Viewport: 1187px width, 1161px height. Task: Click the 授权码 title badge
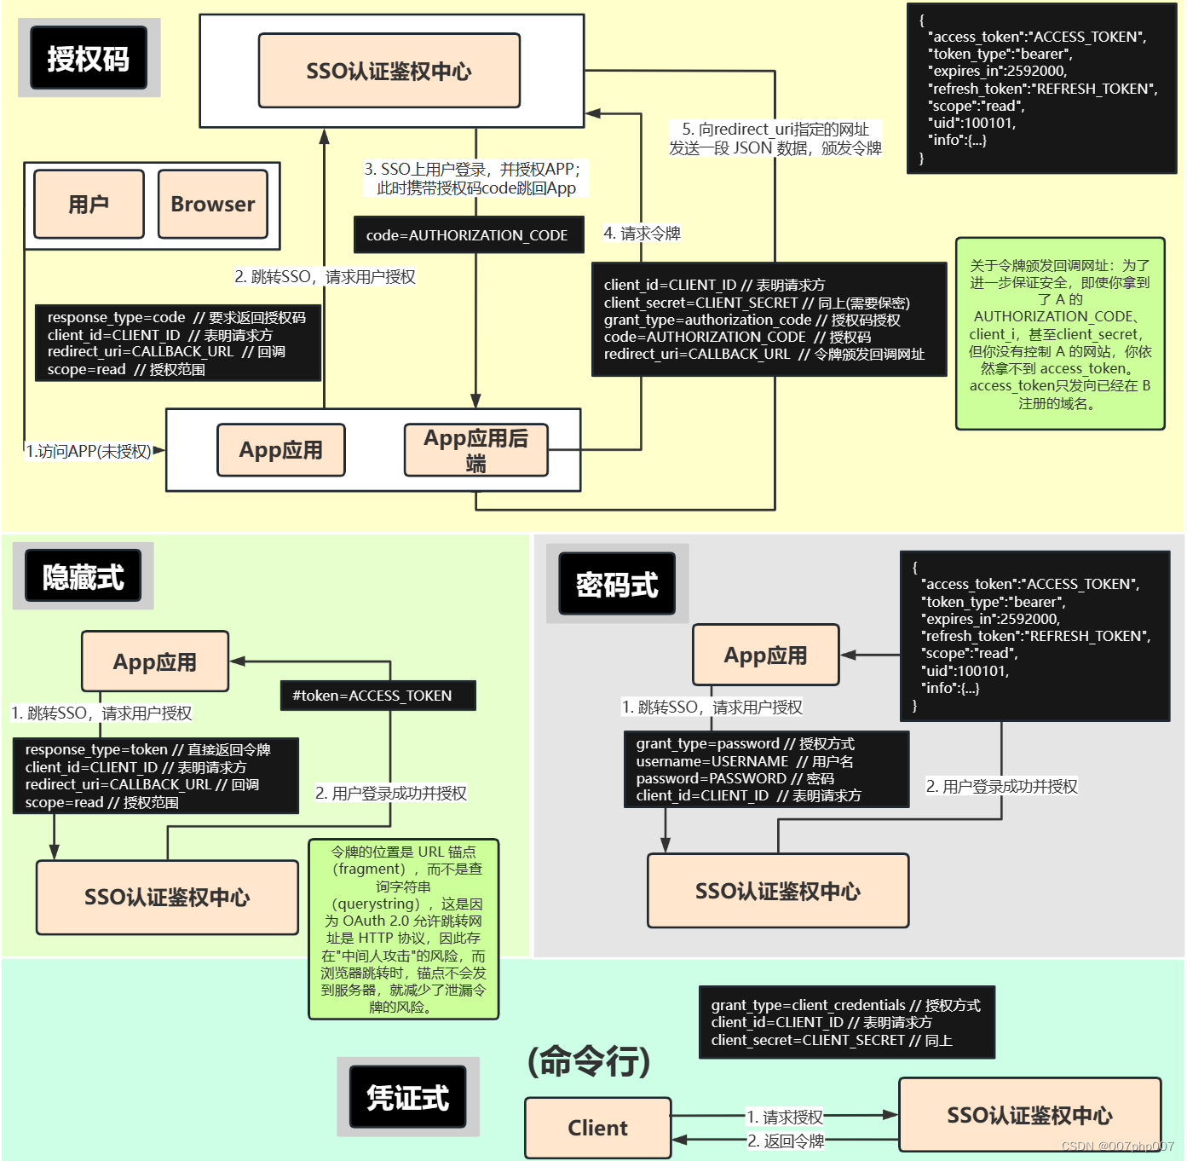click(89, 58)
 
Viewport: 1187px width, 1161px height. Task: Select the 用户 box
click(89, 205)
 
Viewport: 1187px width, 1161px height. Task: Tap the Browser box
click(213, 205)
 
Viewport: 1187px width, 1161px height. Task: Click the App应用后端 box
click(475, 450)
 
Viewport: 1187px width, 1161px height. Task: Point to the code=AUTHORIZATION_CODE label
click(468, 235)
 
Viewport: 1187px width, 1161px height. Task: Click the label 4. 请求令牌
click(642, 234)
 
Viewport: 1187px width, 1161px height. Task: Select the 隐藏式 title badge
click(84, 577)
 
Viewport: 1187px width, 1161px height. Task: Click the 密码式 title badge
click(617, 585)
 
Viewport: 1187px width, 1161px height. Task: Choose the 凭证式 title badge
click(408, 1097)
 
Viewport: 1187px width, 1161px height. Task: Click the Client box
click(597, 1128)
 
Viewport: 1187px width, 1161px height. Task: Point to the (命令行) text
click(589, 1061)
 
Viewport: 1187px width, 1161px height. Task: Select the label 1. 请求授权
click(785, 1117)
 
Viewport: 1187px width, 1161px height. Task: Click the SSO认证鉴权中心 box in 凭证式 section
click(1029, 1115)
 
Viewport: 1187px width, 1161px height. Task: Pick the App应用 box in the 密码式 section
click(765, 655)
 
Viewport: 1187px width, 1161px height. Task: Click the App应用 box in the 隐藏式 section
click(155, 661)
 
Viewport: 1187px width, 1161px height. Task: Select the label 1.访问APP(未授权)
click(89, 451)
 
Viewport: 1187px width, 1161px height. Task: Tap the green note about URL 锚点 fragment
click(403, 929)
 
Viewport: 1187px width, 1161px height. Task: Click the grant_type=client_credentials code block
click(846, 1022)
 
